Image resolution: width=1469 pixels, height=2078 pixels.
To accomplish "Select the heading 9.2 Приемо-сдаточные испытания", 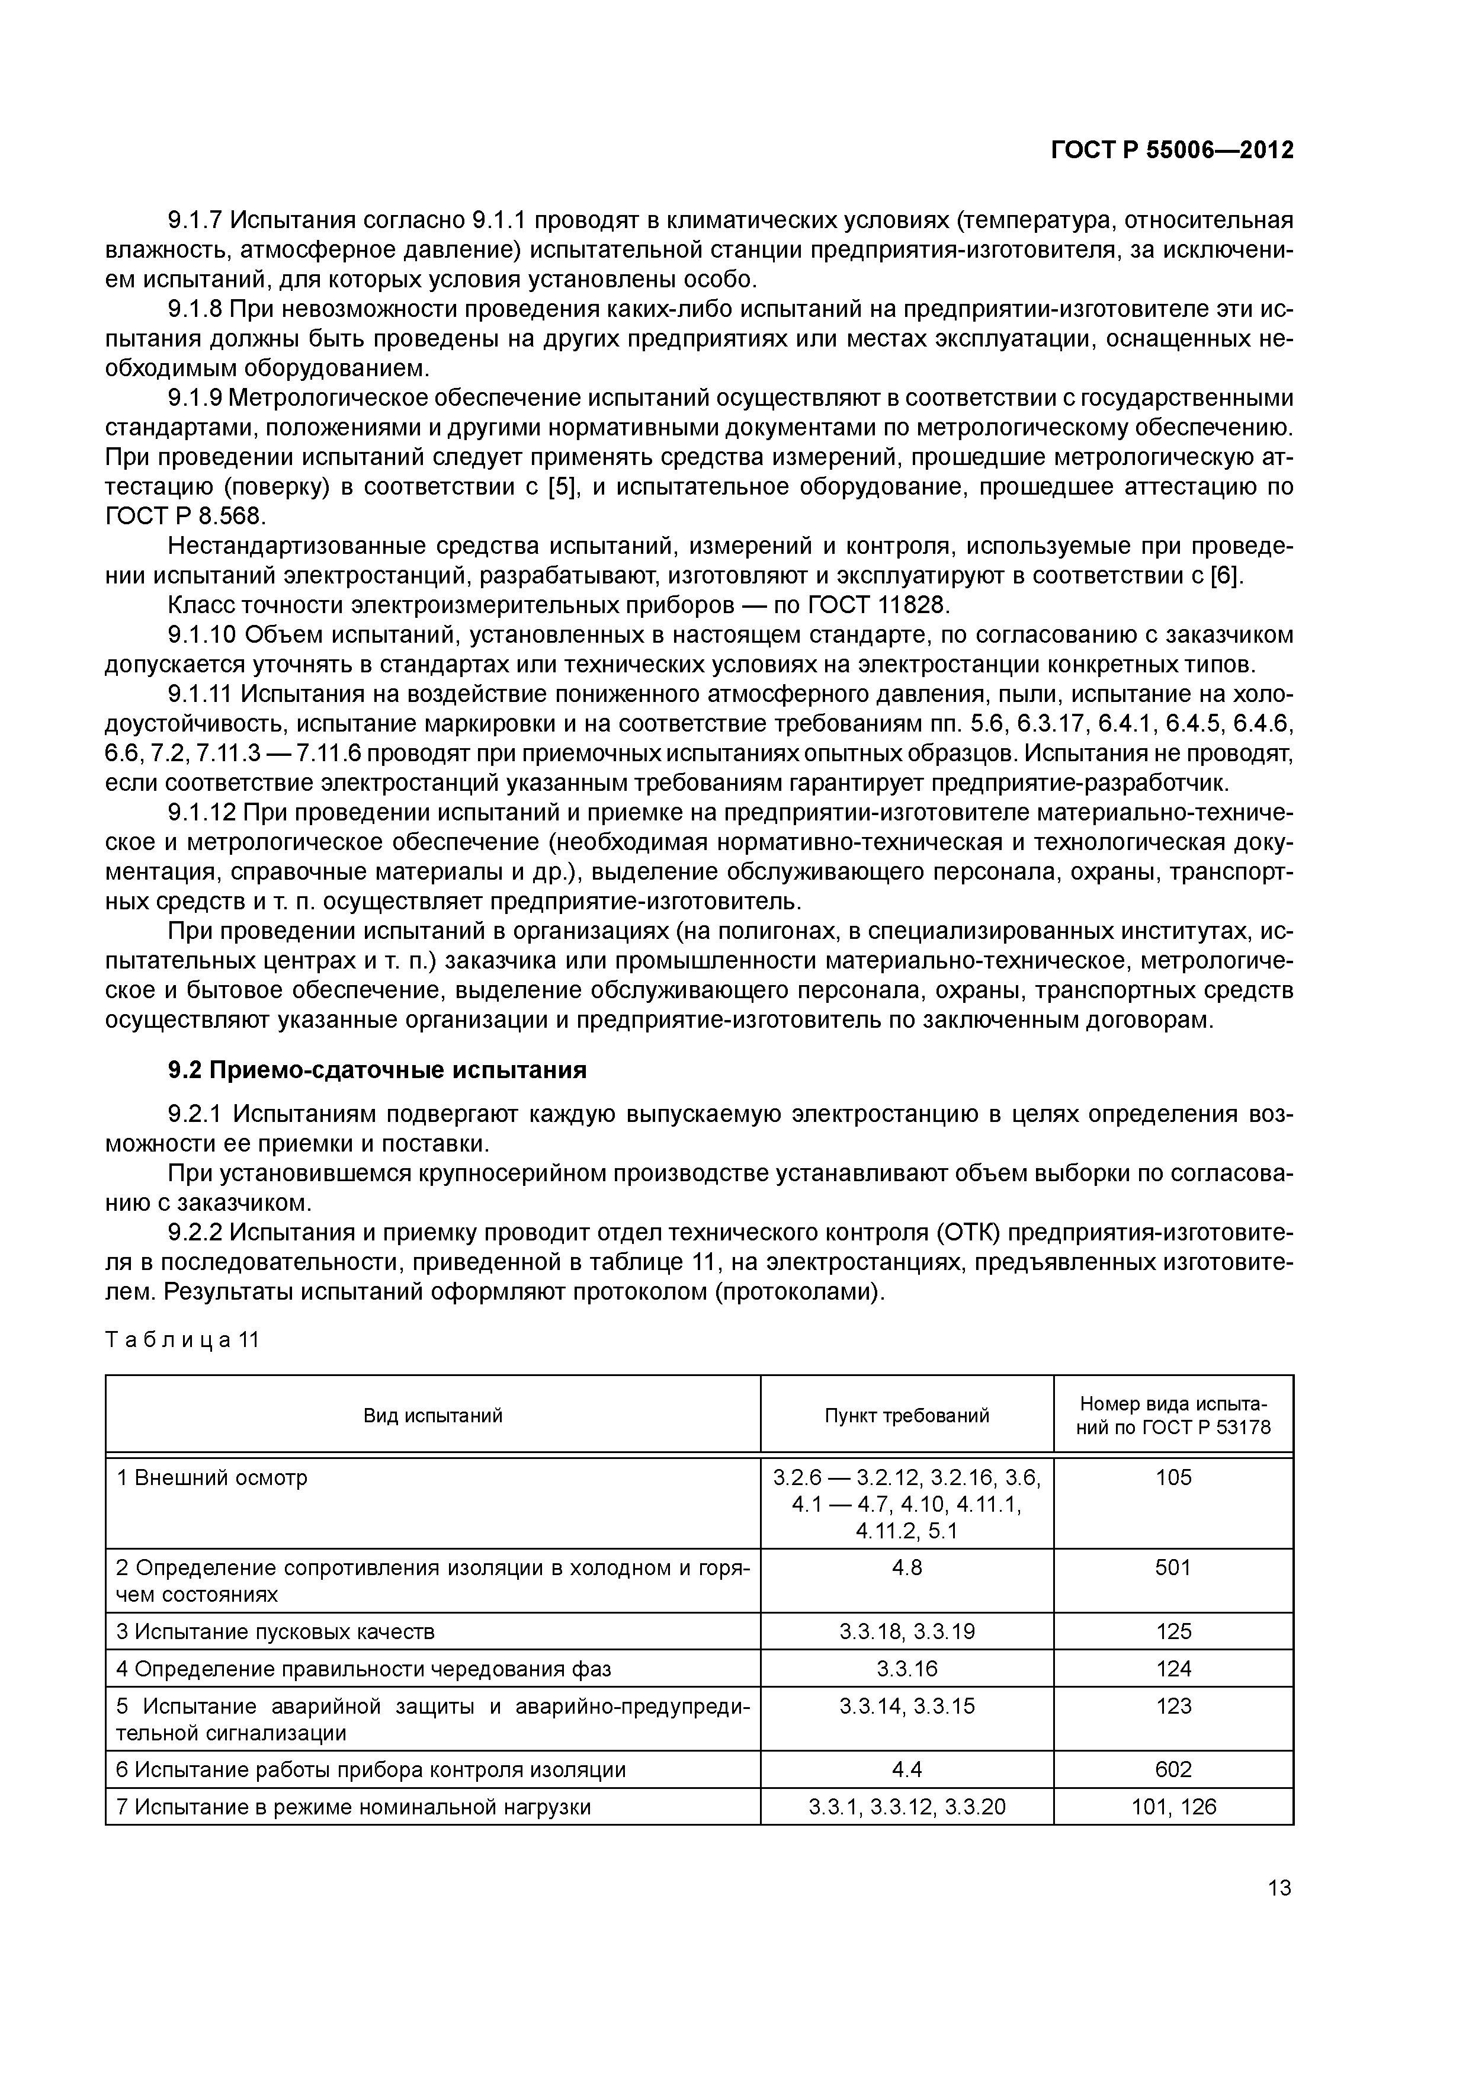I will tap(377, 1070).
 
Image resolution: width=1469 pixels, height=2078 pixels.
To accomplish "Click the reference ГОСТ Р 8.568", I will tap(185, 517).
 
